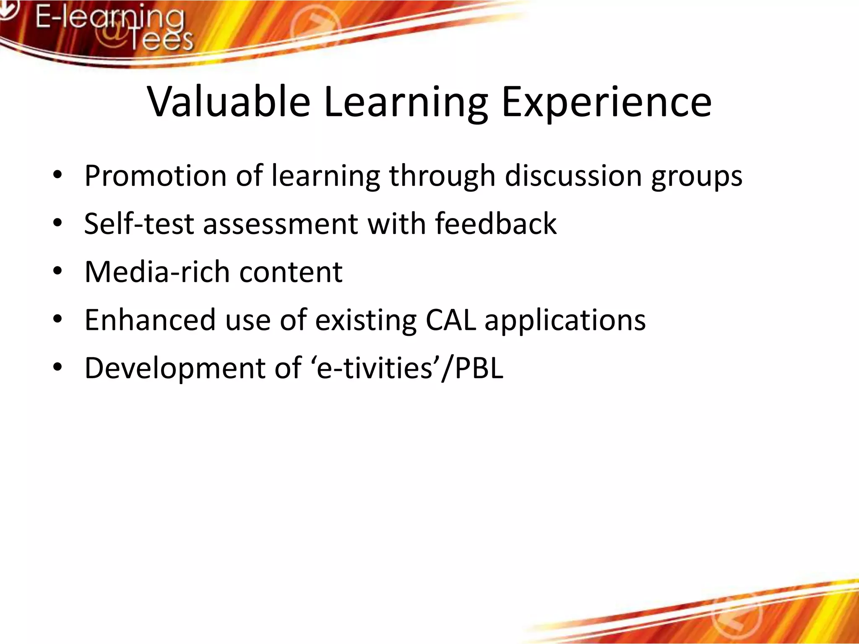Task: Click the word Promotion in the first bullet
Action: (x=155, y=176)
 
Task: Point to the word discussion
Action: (x=573, y=176)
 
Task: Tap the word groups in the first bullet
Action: (x=697, y=177)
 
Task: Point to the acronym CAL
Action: (x=450, y=320)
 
